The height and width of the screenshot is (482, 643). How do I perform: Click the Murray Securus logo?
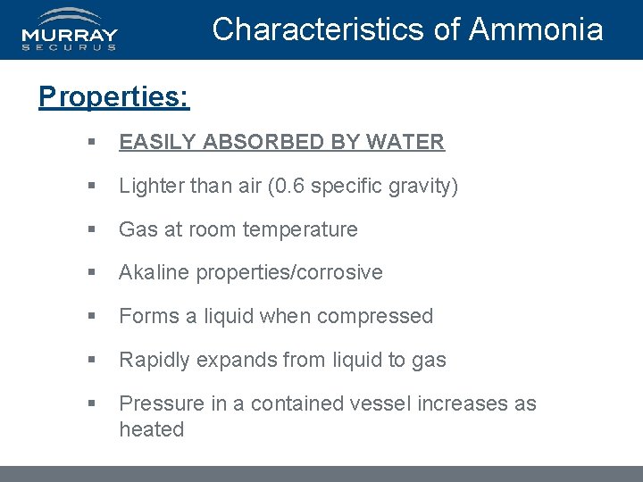(70, 29)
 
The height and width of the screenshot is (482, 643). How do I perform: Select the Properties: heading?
(113, 96)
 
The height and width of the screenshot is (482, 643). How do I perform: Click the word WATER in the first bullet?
(405, 142)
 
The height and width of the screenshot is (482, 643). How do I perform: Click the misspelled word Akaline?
(151, 272)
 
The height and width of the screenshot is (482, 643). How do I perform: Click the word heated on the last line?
(152, 429)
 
